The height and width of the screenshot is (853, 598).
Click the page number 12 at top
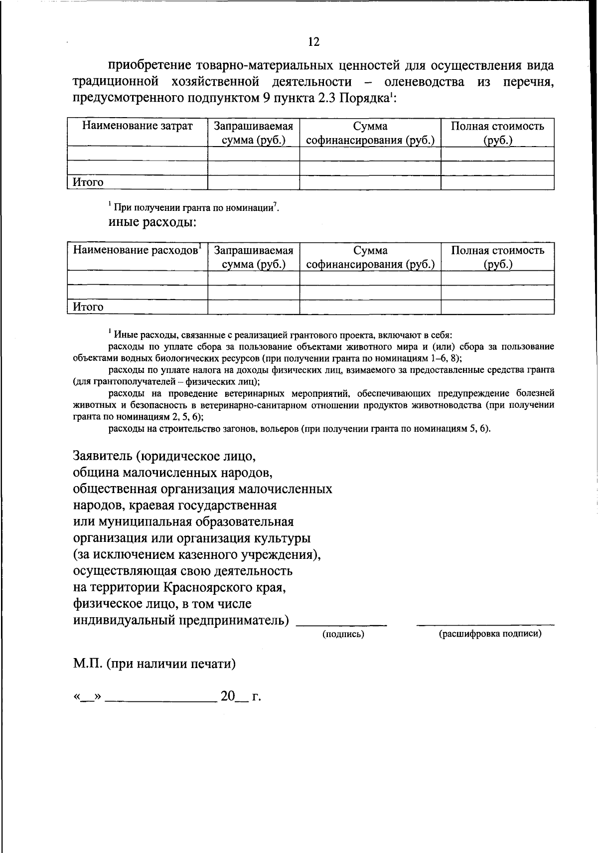pyautogui.click(x=313, y=42)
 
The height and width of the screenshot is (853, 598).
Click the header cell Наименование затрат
pyautogui.click(x=137, y=126)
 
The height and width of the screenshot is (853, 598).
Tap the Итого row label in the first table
pyautogui.click(x=88, y=183)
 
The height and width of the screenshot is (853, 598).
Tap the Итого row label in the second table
pyautogui.click(x=88, y=307)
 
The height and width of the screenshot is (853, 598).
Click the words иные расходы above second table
pyautogui.click(x=152, y=222)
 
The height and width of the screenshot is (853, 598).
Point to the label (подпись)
pyautogui.click(x=343, y=634)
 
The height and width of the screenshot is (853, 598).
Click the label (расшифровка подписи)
pyautogui.click(x=490, y=634)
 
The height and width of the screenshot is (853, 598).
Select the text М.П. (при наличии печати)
pyautogui.click(x=154, y=664)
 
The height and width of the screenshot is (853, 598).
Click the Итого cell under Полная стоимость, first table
pyautogui.click(x=497, y=183)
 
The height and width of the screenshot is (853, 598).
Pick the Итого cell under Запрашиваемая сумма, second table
pyautogui.click(x=253, y=307)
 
